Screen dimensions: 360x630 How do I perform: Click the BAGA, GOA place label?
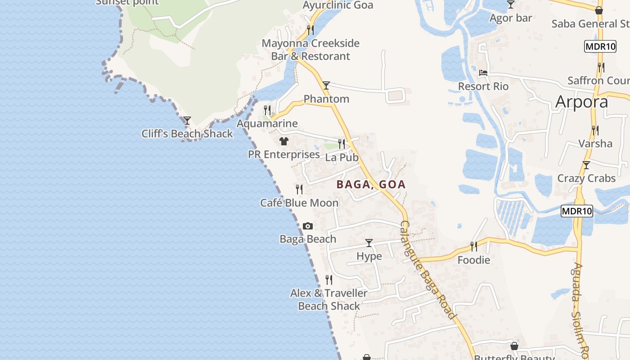[371, 184]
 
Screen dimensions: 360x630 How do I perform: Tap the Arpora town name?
[581, 102]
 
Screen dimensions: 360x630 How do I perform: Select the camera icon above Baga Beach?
[308, 226]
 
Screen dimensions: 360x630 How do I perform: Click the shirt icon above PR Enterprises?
[283, 141]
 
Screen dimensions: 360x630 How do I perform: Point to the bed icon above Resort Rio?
[483, 73]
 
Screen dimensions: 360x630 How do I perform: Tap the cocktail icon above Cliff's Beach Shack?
[187, 121]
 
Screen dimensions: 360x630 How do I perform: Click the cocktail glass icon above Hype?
[369, 243]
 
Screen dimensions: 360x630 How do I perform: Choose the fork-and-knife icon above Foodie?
[473, 246]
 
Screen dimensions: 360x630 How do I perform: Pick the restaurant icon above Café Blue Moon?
[299, 189]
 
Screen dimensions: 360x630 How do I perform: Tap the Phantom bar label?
[326, 99]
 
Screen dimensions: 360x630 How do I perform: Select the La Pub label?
[342, 157]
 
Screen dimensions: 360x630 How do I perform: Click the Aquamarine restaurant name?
[267, 123]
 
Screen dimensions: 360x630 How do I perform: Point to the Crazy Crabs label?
[586, 178]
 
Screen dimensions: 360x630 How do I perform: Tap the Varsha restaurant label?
[595, 144]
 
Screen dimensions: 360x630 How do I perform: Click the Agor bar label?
[511, 18]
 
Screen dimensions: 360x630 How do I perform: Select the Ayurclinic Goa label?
[338, 5]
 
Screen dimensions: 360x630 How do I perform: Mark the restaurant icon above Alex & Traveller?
[329, 280]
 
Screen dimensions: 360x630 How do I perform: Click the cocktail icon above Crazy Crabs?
[586, 165]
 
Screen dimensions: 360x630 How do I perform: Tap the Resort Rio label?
[483, 86]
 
